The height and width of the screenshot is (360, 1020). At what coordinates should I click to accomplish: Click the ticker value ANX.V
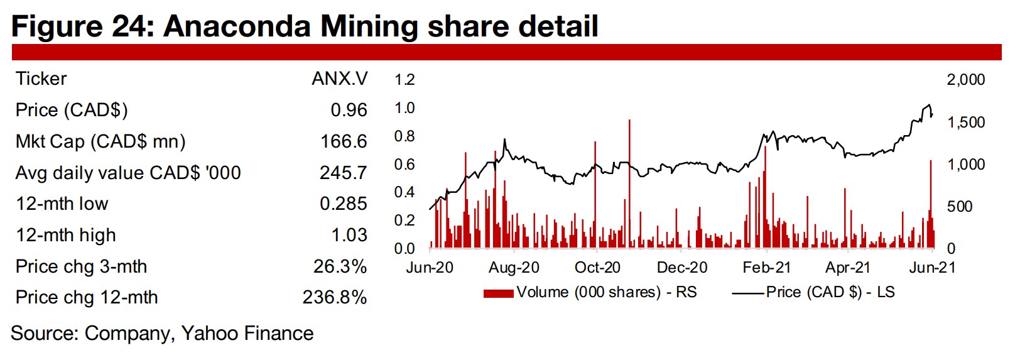339,79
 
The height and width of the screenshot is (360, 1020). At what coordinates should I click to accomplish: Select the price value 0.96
349,110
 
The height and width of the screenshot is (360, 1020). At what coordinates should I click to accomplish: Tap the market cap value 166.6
344,141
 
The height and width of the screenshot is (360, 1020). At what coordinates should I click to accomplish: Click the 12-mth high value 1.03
349,235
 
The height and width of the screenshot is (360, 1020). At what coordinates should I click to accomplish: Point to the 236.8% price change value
334,297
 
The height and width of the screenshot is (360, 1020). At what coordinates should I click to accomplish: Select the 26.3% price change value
340,266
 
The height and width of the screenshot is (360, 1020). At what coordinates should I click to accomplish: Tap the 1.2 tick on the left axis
404,80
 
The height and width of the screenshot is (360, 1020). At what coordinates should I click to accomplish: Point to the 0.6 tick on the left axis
404,165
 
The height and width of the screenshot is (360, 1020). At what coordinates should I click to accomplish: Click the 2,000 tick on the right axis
965,80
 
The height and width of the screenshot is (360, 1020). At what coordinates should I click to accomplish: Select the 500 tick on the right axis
959,207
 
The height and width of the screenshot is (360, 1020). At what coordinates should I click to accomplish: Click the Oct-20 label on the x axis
597,268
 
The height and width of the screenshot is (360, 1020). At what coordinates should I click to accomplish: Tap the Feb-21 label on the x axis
766,268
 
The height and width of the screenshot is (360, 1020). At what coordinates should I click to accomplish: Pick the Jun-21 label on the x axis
932,268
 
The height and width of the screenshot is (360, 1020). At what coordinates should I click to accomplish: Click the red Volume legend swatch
499,293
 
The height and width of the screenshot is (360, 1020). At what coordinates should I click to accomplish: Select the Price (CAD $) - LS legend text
830,292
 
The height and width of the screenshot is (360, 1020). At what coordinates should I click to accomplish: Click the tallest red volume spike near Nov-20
629,182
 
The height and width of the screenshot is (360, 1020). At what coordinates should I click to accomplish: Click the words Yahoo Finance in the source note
247,334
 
